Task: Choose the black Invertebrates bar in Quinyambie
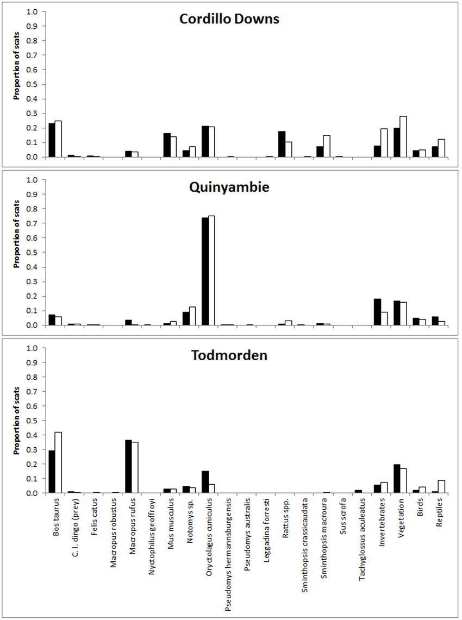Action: coord(377,312)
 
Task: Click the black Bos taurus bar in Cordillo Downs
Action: coord(52,140)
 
